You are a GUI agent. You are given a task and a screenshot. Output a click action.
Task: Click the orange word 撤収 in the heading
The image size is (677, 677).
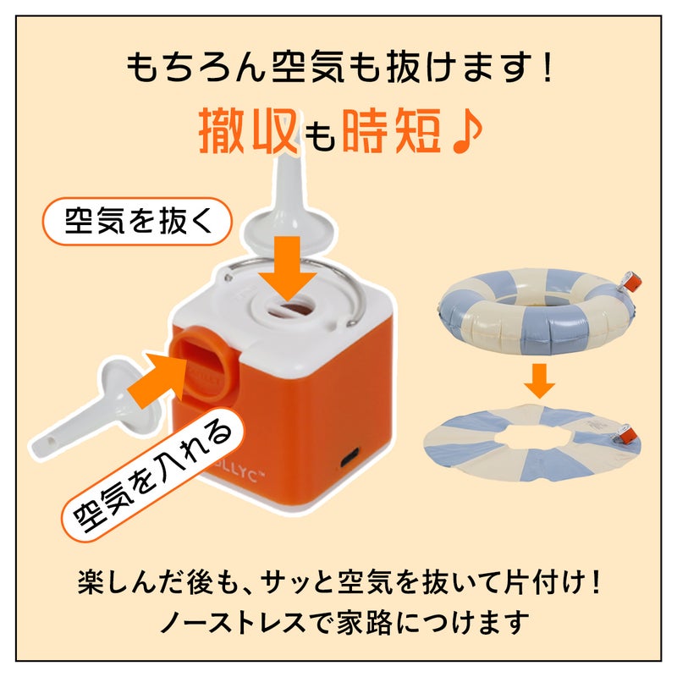[249, 130]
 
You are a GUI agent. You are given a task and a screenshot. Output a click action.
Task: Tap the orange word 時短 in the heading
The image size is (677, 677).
[392, 130]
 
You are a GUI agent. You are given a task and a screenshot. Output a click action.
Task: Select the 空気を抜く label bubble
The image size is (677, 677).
[137, 221]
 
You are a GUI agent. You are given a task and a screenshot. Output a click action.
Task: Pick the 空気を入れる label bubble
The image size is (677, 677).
[152, 474]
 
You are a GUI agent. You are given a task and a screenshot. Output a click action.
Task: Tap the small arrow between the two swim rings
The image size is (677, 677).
[540, 380]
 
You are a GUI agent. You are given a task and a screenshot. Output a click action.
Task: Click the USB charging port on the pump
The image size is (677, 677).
[349, 457]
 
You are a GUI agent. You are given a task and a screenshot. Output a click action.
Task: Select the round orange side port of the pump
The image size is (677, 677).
[207, 361]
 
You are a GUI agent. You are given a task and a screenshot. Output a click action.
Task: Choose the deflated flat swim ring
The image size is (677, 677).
[532, 443]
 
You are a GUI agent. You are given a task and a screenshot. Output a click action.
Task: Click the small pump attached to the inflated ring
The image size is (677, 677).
[630, 283]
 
